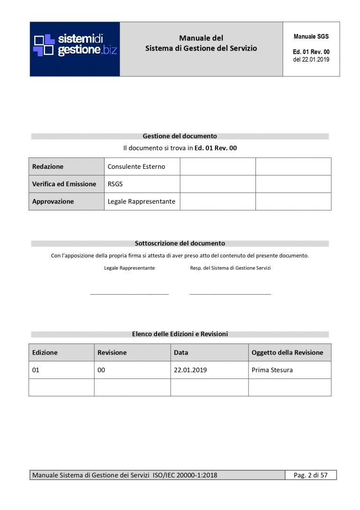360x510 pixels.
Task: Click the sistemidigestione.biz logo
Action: [75, 45]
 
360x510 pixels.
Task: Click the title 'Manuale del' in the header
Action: [201, 38]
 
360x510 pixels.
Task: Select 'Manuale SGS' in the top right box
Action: [311, 37]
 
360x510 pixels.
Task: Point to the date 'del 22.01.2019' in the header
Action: [311, 60]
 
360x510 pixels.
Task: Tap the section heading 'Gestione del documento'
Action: [180, 136]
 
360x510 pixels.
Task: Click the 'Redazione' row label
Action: [48, 167]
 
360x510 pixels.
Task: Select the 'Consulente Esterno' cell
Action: [136, 167]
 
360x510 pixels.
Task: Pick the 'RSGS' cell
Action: [115, 184]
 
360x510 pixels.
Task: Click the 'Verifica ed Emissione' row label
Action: [64, 184]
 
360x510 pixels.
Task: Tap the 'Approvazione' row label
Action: [53, 201]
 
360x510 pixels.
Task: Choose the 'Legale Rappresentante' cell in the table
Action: [142, 201]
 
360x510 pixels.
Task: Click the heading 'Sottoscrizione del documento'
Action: [180, 244]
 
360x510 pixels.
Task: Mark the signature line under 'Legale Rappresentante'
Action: [129, 294]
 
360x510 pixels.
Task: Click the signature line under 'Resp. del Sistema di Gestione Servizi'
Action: [230, 294]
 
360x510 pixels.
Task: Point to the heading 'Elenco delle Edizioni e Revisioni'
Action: [180, 334]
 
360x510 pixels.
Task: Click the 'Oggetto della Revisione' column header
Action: [287, 352]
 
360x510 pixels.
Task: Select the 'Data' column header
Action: [181, 352]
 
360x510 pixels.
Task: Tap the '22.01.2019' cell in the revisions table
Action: [190, 370]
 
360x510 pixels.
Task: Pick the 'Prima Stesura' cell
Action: [272, 370]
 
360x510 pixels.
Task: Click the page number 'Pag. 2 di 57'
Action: [311, 475]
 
